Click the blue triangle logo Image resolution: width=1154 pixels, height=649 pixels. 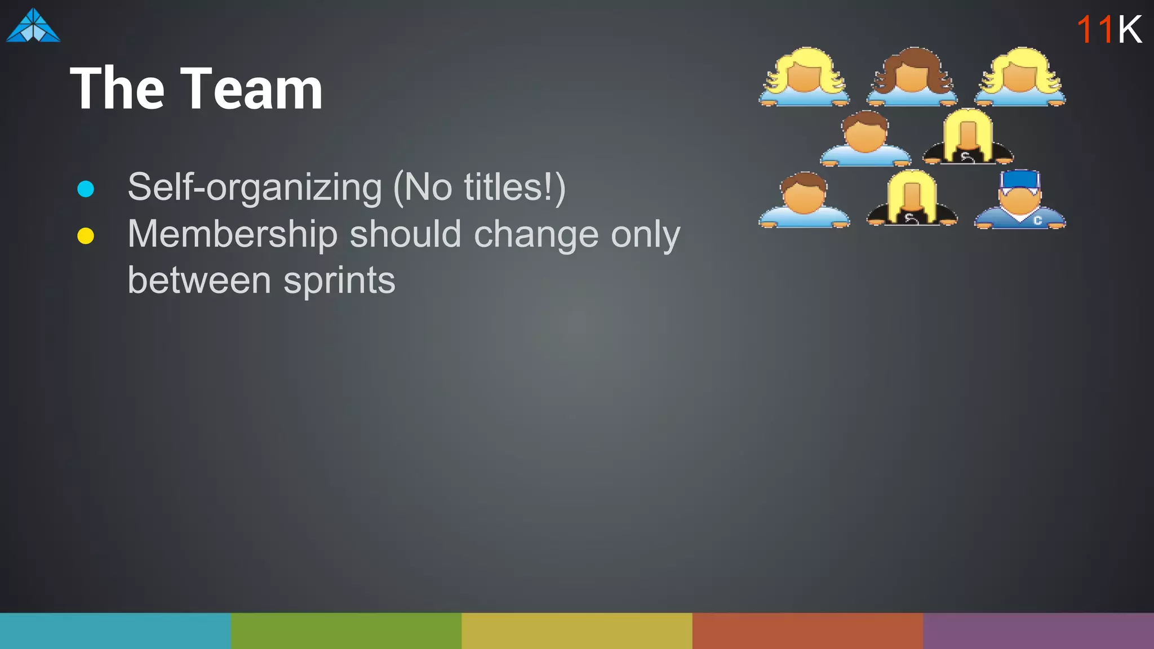point(33,26)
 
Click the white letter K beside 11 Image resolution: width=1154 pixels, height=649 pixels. point(1130,29)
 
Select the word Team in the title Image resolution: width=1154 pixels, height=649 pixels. point(251,88)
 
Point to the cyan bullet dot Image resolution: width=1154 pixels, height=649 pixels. point(86,189)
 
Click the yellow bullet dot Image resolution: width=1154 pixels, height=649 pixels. point(86,235)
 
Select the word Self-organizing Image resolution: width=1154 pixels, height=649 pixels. point(255,188)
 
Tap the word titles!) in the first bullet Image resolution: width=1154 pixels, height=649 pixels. point(514,188)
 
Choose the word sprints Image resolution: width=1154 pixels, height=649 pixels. point(339,281)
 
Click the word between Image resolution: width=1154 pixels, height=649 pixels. point(199,281)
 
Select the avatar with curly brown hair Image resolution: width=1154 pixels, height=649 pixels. point(912,77)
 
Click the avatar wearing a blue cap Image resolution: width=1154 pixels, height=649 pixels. point(1020,200)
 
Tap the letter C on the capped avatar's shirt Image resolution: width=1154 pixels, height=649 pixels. point(1037,220)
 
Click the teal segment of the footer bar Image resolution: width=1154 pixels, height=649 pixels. point(115,630)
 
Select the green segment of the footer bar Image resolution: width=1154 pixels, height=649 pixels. point(346,630)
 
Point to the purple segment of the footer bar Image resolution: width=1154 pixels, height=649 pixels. point(1038,630)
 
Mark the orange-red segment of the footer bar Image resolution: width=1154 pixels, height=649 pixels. point(807,630)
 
